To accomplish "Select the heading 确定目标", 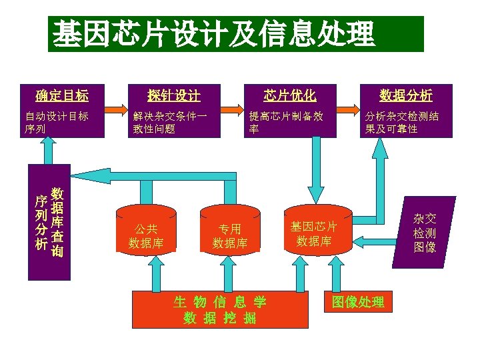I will [x=62, y=94].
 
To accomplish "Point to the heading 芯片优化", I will [x=289, y=94].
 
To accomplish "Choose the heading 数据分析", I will [x=406, y=94].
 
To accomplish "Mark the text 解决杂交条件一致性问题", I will [x=170, y=122].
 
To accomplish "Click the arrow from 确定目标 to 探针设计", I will [x=117, y=108].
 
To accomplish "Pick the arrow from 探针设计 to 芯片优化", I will [x=231, y=108].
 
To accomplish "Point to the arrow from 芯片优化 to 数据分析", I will [x=346, y=108].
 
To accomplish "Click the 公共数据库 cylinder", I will [x=146, y=229].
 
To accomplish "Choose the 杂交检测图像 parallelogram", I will [x=425, y=233].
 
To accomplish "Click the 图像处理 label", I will [x=358, y=302].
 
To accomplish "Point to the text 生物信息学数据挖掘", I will [x=220, y=310].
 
